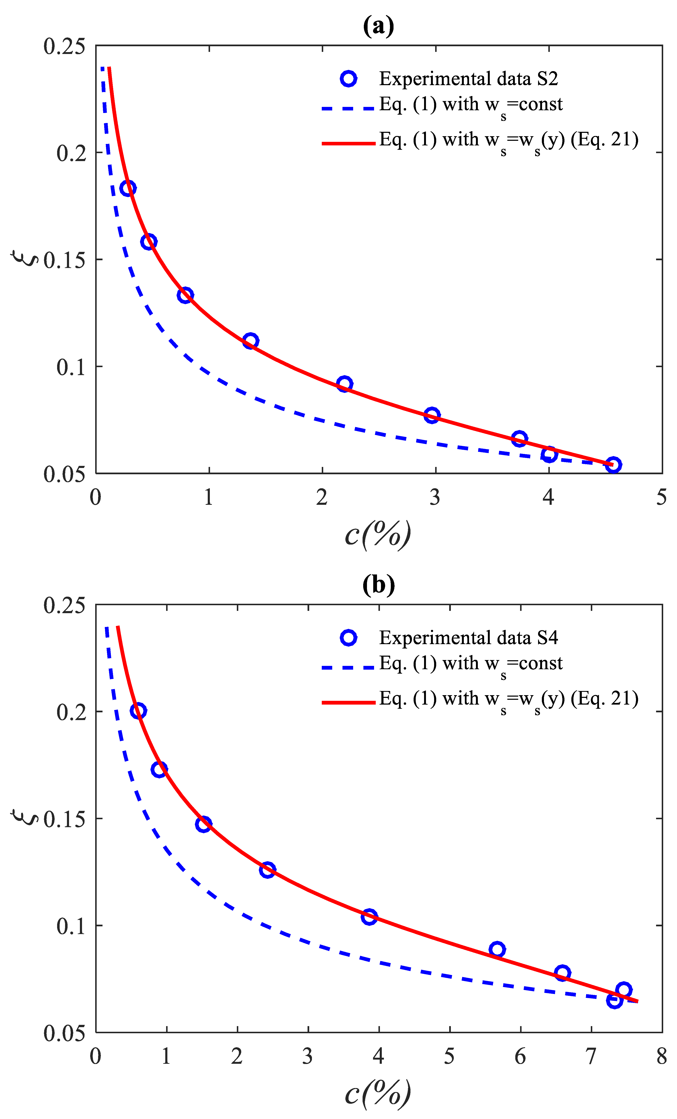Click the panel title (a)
click(378, 26)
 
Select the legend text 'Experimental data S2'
click(468, 79)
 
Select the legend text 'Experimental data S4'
click(468, 638)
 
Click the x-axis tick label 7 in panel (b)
click(591, 1057)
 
